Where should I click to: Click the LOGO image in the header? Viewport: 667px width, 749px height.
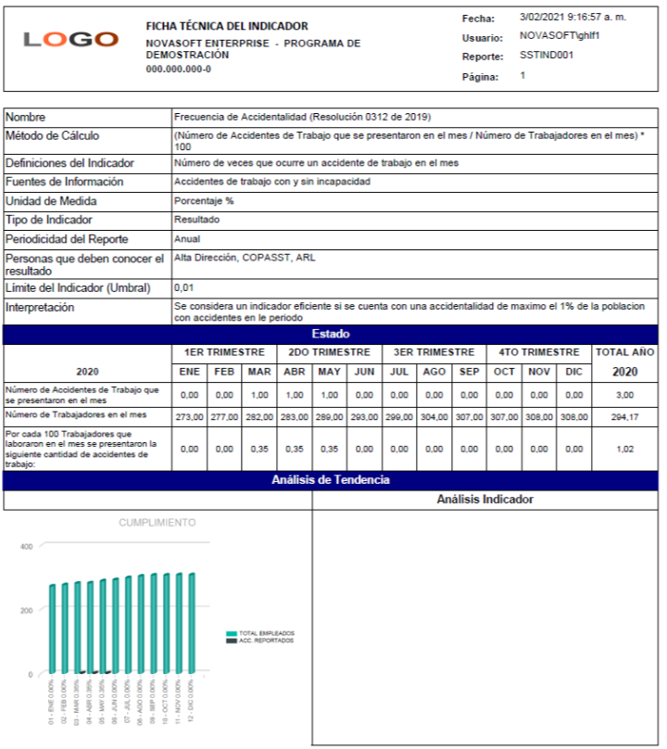pos(70,40)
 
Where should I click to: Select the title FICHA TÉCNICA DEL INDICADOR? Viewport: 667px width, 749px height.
pos(227,26)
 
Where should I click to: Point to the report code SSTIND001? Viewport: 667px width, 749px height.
pos(547,56)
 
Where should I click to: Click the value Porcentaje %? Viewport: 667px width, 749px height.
pos(204,201)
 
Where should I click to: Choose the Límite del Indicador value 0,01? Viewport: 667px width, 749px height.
pos(183,287)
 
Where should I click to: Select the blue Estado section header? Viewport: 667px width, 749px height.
pos(331,334)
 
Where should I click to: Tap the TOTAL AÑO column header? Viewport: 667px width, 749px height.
pos(624,352)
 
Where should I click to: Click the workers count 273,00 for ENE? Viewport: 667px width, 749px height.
pos(189,417)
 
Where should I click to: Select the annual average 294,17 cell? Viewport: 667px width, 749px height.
pos(624,417)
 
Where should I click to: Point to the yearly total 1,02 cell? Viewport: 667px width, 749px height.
pos(624,449)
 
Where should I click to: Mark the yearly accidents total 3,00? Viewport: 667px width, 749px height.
pos(624,395)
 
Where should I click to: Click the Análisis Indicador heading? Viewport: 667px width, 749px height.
pos(485,500)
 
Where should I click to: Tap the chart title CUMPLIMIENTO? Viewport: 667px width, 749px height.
pos(157,523)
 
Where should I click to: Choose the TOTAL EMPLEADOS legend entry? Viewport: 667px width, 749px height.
pos(263,634)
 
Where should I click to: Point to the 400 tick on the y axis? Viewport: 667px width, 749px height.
pos(26,547)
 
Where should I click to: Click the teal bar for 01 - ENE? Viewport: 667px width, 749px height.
pos(53,628)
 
